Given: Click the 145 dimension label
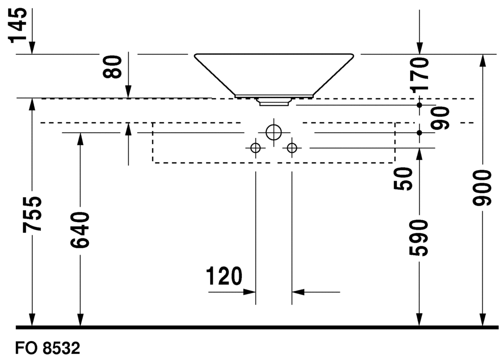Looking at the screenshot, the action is click(18, 26).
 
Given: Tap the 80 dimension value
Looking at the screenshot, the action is click(112, 67).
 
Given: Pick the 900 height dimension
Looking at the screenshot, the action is click(481, 188).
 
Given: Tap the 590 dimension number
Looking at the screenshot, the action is click(419, 238).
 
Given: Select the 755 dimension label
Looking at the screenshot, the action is click(32, 214).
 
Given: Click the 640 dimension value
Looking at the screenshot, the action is click(80, 229).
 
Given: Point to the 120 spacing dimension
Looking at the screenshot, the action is click(224, 276).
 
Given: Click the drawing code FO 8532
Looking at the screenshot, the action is click(48, 348).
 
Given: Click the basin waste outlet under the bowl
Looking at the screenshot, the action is click(274, 102).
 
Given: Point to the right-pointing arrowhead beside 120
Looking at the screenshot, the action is click(249, 292).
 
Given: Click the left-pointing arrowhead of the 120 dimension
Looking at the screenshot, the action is click(298, 292).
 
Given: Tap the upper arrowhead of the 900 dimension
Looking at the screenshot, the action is click(481, 61).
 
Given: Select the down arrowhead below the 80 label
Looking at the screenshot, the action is click(129, 92).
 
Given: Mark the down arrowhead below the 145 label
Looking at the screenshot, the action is click(32, 48).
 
